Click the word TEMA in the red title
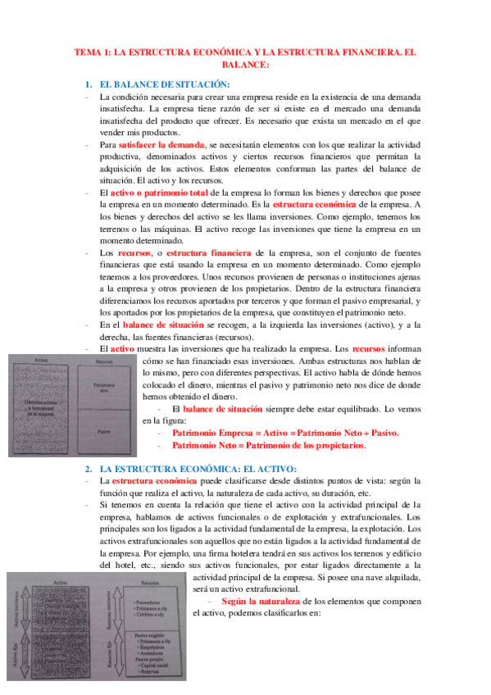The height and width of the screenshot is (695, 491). [x=87, y=52]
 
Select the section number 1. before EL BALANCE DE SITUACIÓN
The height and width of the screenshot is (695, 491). [x=89, y=85]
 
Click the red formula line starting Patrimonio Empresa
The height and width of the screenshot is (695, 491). [x=285, y=433]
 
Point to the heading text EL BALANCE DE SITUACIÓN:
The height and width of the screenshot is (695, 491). [x=164, y=85]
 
